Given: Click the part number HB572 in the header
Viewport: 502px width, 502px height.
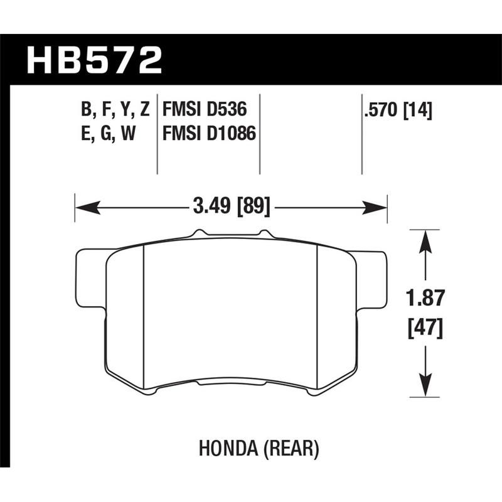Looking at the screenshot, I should coord(94,61).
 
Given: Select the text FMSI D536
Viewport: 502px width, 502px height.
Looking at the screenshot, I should coord(203,111).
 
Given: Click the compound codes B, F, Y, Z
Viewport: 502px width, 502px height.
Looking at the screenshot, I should coord(115,111).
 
